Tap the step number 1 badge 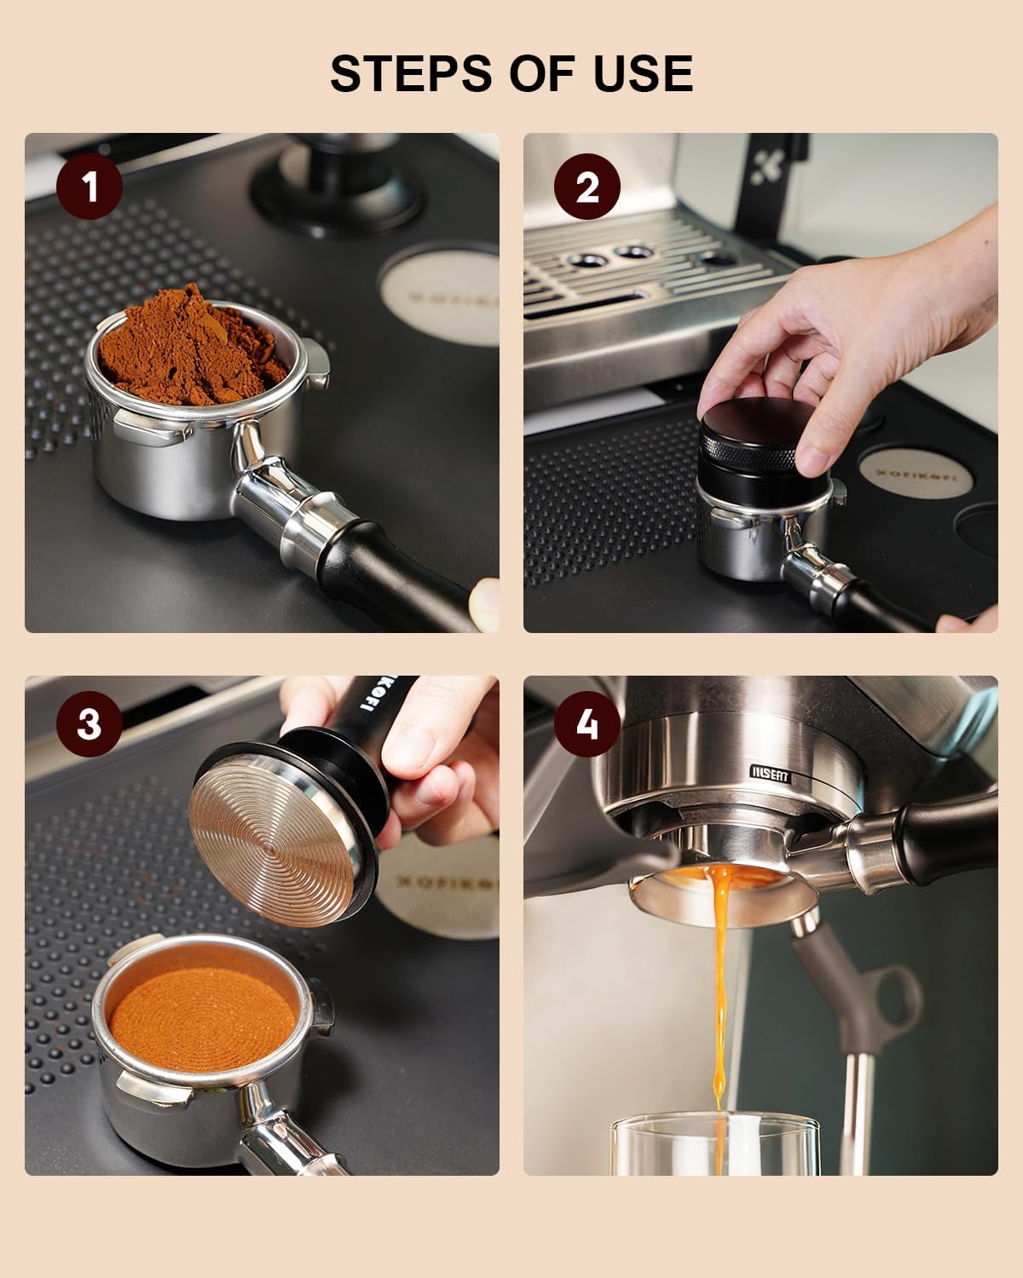(90, 187)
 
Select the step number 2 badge (587, 187)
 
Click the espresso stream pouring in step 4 (721, 980)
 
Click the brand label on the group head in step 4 (771, 775)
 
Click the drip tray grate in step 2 (648, 273)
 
